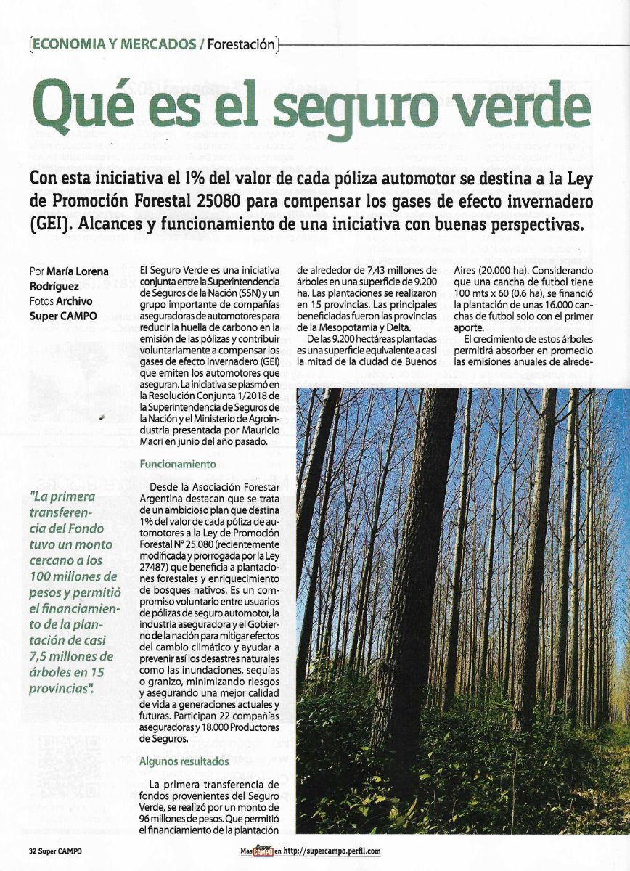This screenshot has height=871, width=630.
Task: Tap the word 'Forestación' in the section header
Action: [x=241, y=44]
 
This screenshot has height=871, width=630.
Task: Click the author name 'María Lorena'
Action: [x=79, y=271]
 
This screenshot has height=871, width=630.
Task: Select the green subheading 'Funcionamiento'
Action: [x=177, y=463]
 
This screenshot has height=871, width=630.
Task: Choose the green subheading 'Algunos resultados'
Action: [x=184, y=761]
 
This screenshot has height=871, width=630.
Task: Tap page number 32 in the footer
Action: [x=33, y=851]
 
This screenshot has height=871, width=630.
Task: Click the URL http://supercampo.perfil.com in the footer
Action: [x=331, y=851]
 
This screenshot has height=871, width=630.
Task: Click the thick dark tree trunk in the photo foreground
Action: [x=414, y=581]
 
